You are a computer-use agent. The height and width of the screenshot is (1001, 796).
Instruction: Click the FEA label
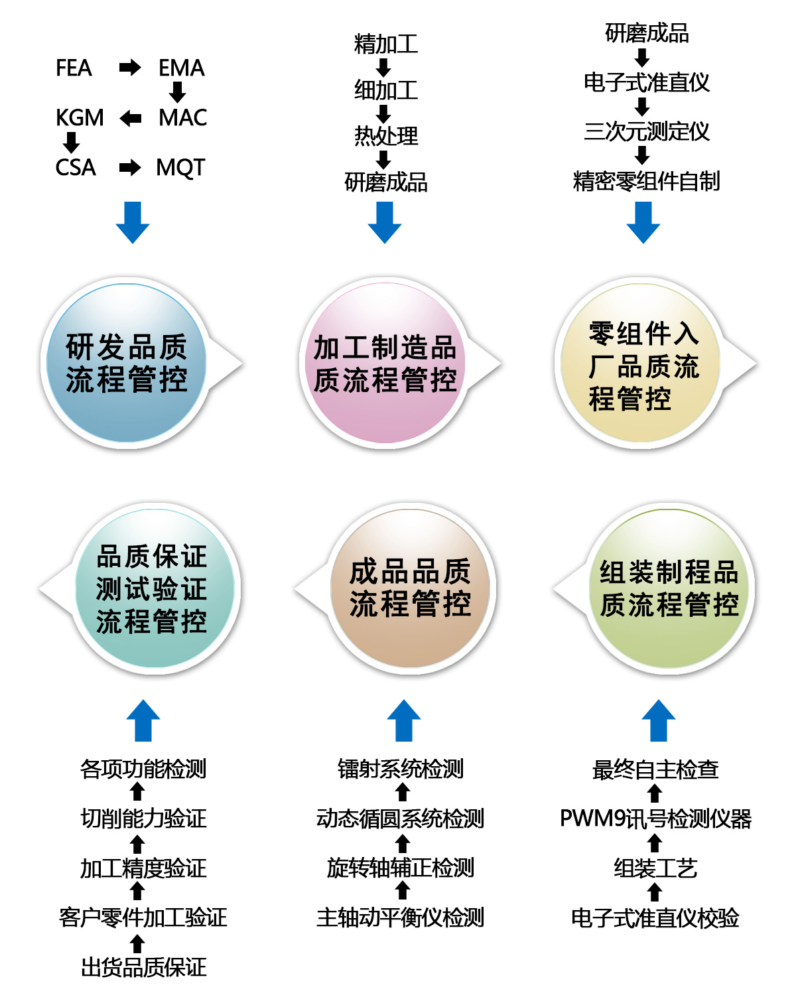coord(74,68)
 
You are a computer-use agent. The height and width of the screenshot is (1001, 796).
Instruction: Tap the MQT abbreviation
coord(180,167)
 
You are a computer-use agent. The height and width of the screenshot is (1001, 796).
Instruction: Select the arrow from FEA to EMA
coord(130,68)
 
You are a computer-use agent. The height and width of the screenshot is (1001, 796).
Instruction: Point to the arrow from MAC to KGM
coord(130,118)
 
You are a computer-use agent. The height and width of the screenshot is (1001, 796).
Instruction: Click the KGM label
coord(80,117)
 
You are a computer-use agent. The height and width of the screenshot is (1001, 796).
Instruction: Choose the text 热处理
coord(385,136)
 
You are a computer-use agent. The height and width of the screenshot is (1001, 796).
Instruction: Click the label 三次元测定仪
coord(646,131)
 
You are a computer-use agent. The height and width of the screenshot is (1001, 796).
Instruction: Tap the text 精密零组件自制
coord(646,181)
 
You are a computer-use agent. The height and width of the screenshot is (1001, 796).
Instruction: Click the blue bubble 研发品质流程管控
coord(127,363)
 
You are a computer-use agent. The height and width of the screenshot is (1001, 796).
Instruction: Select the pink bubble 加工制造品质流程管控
coord(385,363)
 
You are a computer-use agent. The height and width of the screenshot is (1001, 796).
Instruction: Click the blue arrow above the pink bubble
coord(385,222)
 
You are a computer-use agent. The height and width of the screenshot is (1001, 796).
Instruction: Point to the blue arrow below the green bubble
coord(658,720)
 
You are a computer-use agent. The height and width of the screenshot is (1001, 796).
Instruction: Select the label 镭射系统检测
coord(401,769)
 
